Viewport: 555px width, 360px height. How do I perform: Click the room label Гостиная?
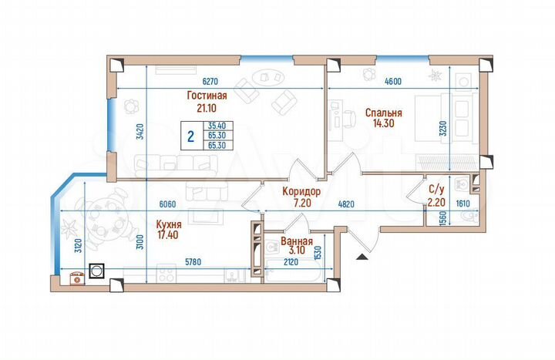coord(206,96)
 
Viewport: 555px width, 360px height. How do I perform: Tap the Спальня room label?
coord(382,112)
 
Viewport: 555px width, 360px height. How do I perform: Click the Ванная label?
coord(296,240)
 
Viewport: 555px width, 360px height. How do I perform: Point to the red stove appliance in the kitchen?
coord(77,278)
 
